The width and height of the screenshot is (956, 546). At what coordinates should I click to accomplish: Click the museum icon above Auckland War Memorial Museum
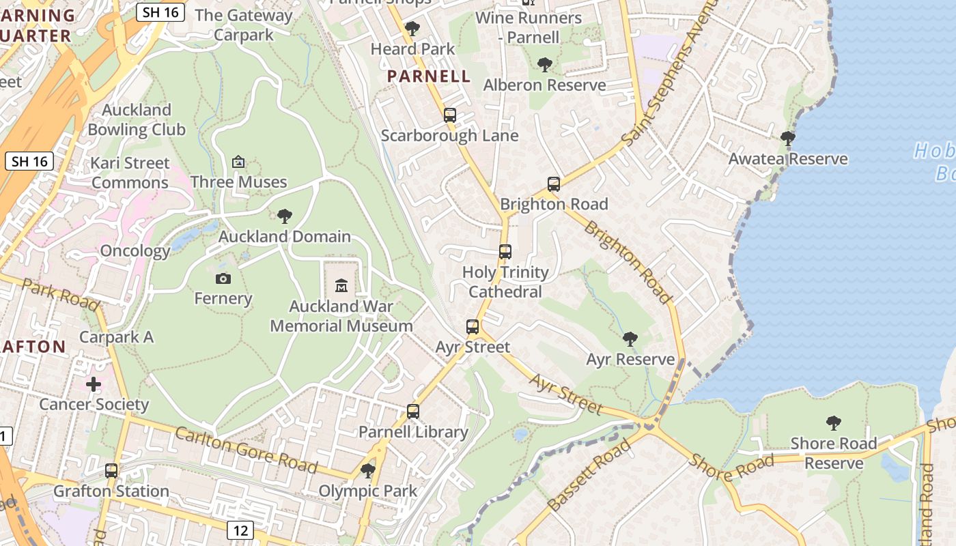[x=341, y=285]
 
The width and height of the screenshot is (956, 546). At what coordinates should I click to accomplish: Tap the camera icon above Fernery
[x=223, y=278]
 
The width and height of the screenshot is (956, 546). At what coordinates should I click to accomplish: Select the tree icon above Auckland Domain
[x=285, y=216]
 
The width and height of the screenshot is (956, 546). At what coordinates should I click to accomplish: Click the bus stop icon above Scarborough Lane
[x=450, y=115]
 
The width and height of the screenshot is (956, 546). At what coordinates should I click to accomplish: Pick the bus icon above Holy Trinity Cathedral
[x=505, y=252]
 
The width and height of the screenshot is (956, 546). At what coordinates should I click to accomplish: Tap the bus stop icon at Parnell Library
[x=413, y=411]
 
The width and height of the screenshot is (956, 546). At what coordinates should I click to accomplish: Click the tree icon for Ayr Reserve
[x=630, y=339]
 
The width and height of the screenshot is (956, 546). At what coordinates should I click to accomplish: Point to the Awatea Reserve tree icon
[x=788, y=139]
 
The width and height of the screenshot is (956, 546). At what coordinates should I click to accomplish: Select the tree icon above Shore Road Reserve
[x=833, y=423]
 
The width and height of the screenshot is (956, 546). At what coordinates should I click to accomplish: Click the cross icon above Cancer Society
[x=94, y=384]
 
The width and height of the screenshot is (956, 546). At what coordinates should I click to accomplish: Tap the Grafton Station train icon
[x=111, y=470]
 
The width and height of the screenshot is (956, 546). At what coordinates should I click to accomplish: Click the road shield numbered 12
[x=240, y=530]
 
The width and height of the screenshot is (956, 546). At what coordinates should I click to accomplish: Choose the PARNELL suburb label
[x=429, y=76]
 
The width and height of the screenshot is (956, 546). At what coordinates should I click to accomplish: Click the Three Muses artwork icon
[x=238, y=162]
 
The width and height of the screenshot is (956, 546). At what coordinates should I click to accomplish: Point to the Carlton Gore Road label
[x=246, y=450]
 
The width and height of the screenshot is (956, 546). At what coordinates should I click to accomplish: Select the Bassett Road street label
[x=589, y=476]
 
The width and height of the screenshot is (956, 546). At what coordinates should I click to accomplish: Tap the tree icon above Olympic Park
[x=368, y=470]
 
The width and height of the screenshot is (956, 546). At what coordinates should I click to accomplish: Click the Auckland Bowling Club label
[x=137, y=119]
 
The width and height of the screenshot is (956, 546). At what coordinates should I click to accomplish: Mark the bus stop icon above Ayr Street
[x=473, y=327]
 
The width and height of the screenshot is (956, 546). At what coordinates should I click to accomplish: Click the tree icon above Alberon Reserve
[x=544, y=65]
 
